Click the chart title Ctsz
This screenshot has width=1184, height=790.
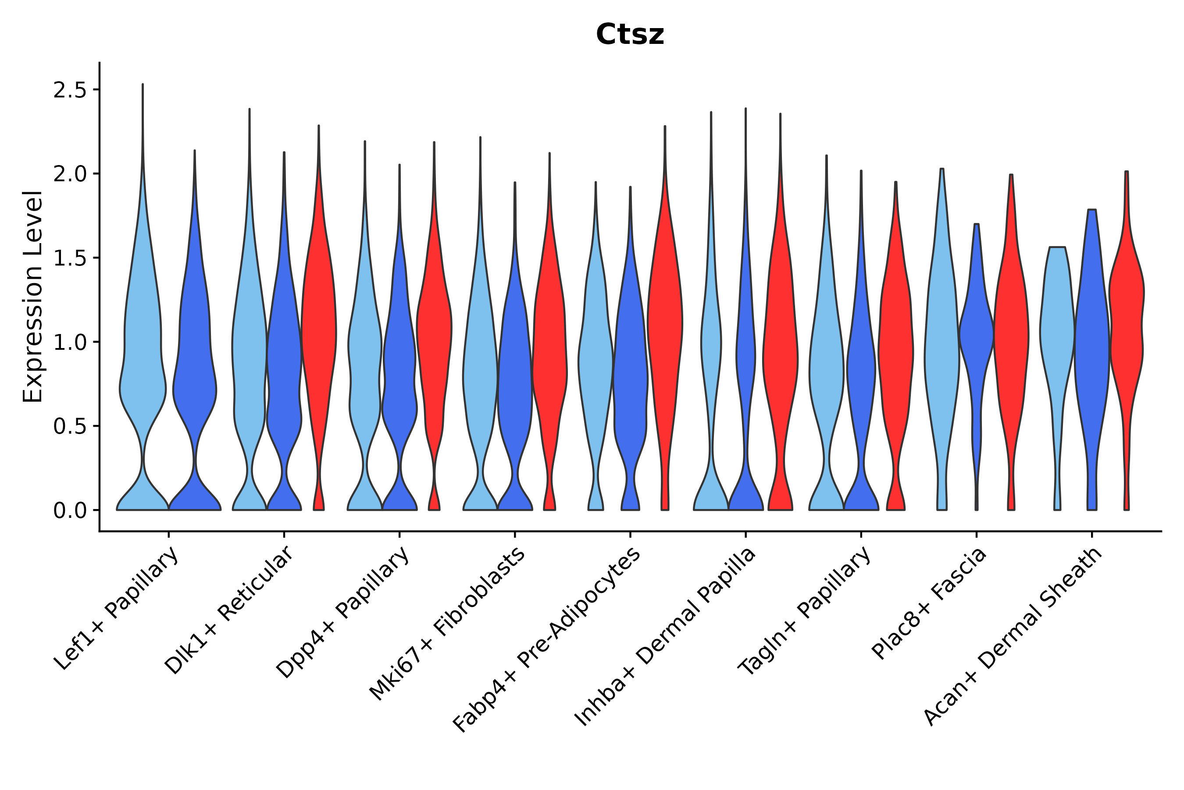(630, 35)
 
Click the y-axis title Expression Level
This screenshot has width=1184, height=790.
(33, 297)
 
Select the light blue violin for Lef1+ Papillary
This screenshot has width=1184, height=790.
(143, 353)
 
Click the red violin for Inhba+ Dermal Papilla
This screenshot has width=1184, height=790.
(780, 353)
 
